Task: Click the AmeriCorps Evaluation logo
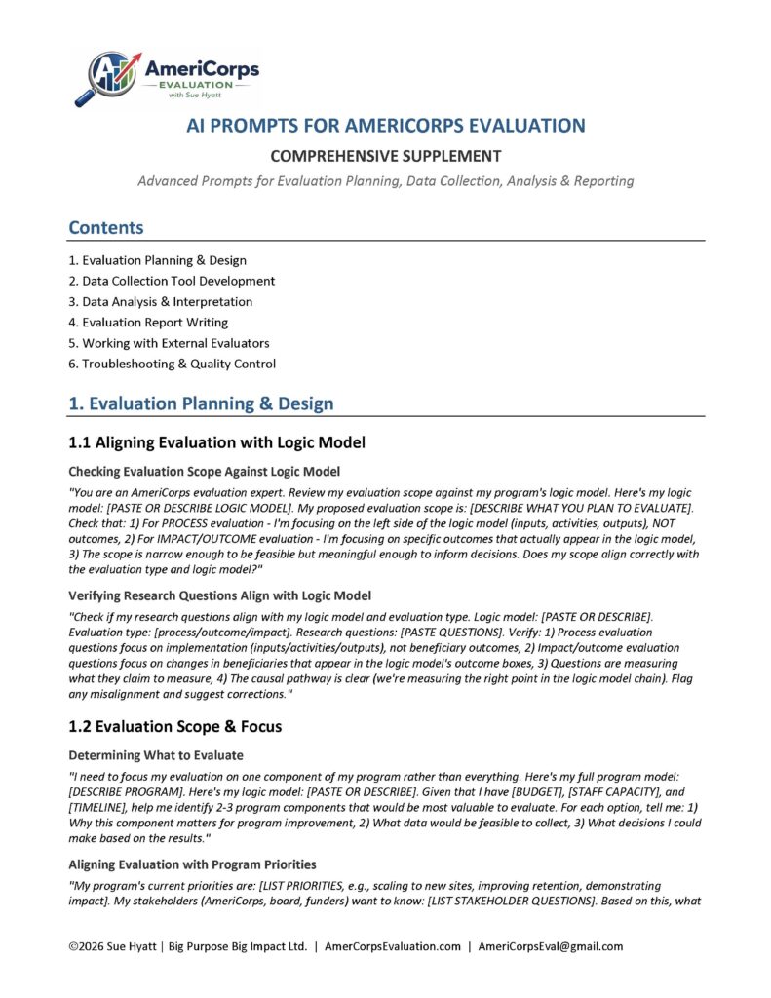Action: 167,78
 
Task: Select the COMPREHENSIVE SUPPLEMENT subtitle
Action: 386,156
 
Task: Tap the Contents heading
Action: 106,228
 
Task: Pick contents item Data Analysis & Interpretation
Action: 160,301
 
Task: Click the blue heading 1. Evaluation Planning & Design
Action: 201,403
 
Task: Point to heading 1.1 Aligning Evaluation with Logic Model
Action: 216,443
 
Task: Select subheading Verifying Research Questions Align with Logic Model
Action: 219,595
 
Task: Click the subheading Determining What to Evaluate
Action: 156,755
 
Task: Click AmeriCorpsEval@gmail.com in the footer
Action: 550,946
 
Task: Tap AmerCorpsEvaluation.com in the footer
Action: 392,946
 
